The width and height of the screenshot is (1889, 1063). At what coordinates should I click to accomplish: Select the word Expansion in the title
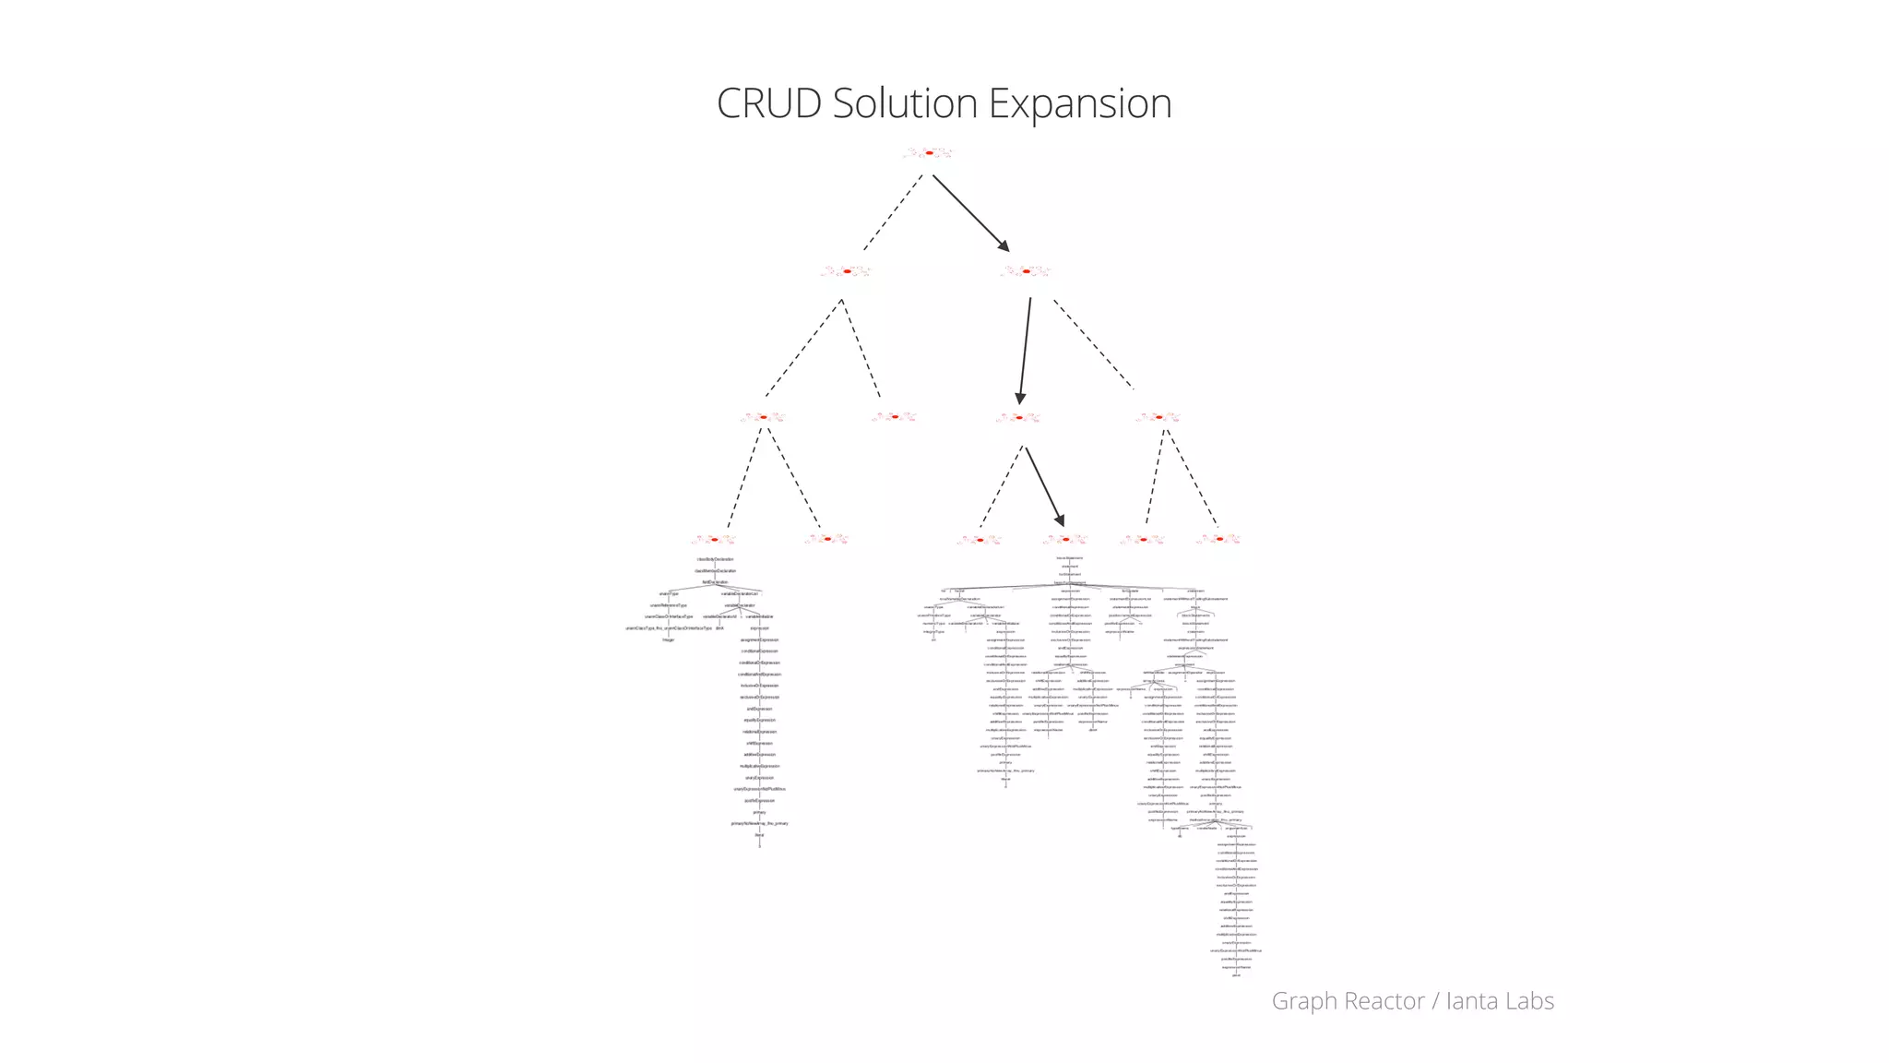click(x=1080, y=103)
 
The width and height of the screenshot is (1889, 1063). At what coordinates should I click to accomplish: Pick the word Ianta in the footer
click(x=1474, y=1001)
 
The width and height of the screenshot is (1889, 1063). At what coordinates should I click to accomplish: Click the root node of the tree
click(x=929, y=153)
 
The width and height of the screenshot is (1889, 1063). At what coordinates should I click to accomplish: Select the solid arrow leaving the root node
click(x=970, y=212)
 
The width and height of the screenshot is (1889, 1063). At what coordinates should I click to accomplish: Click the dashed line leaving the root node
click(x=893, y=212)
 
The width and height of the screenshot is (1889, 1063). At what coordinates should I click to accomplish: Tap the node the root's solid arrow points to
click(x=1026, y=271)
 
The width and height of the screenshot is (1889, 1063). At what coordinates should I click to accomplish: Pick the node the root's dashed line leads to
click(x=847, y=271)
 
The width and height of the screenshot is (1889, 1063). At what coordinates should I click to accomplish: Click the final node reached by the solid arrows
click(x=1065, y=539)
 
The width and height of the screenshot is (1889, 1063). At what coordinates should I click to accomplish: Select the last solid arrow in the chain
click(x=1045, y=486)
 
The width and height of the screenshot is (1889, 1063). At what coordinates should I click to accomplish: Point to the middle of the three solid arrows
click(x=1025, y=351)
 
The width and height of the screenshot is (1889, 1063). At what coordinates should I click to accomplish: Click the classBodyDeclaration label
click(x=715, y=559)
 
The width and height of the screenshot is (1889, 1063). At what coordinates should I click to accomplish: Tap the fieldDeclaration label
click(x=715, y=582)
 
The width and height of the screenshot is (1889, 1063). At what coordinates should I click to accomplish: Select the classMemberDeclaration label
click(x=715, y=571)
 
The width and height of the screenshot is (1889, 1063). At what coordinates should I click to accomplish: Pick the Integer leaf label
click(x=669, y=639)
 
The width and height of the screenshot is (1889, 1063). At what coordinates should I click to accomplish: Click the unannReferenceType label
click(x=669, y=605)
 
